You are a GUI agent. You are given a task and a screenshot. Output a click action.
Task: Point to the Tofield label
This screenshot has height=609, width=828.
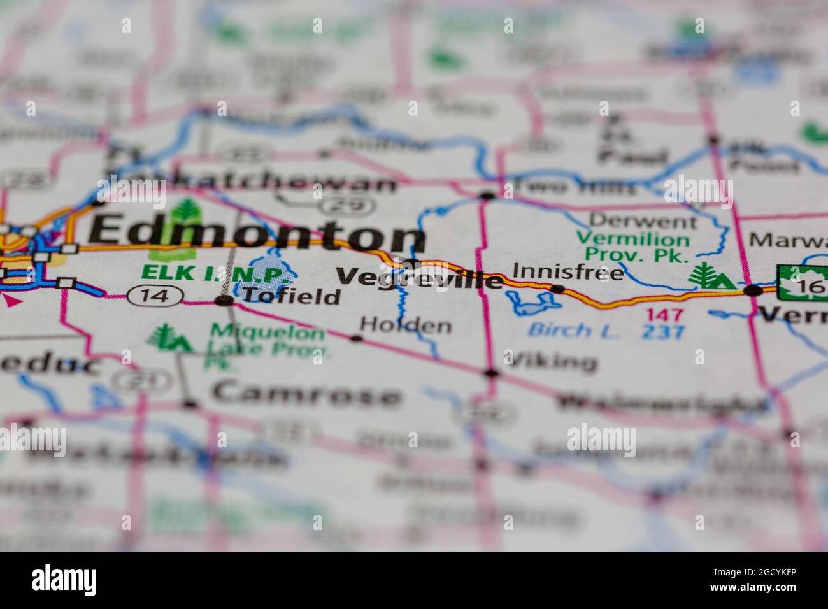pyautogui.click(x=291, y=296)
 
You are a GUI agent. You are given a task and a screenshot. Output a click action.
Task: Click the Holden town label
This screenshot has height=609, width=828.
pyautogui.click(x=406, y=326)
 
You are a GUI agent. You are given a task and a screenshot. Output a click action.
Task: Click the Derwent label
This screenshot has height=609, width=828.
pyautogui.click(x=643, y=222)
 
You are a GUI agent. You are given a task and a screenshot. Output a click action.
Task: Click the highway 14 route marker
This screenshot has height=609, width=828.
pyautogui.click(x=155, y=295)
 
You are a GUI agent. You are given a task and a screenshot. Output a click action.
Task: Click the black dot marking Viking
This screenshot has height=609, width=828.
pyautogui.click(x=490, y=373)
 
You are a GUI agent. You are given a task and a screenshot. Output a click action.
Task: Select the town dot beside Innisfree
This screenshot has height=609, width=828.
pyautogui.click(x=558, y=289)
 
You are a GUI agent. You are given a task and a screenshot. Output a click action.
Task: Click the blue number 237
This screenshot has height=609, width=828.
pyautogui.click(x=664, y=332)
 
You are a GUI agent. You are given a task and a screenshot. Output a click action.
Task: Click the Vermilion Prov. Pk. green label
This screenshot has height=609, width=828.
pyautogui.click(x=632, y=248)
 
